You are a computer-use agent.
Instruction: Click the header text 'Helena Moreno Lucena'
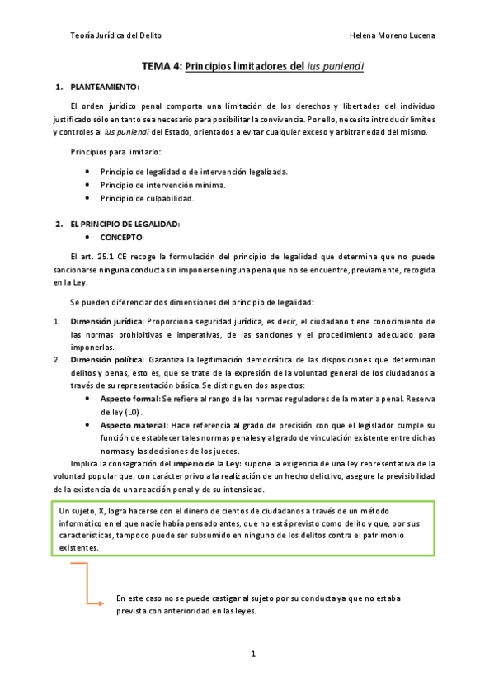pyautogui.click(x=393, y=35)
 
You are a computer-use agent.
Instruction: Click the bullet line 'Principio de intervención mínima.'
pyautogui.click(x=162, y=185)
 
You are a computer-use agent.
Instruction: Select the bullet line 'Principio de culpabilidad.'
pyautogui.click(x=147, y=199)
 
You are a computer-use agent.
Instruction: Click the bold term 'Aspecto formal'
pyautogui.click(x=129, y=398)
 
